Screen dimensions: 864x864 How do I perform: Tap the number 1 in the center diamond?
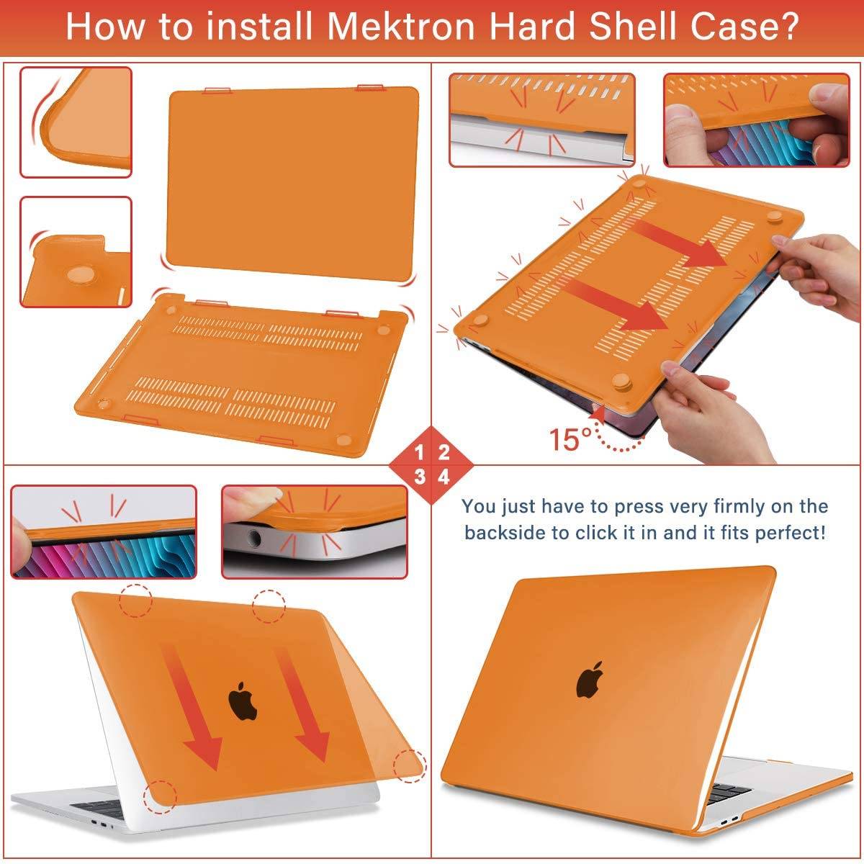(419, 453)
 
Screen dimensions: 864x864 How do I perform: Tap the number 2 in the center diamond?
(444, 453)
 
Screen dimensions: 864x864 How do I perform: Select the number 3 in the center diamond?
(419, 477)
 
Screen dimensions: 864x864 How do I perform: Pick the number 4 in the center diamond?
(444, 477)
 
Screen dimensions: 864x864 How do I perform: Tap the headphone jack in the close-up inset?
(253, 536)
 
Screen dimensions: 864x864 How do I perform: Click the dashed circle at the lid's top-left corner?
(136, 600)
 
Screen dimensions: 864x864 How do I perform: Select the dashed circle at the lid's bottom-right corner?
(409, 765)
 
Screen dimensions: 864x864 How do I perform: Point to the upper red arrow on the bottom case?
(677, 245)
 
